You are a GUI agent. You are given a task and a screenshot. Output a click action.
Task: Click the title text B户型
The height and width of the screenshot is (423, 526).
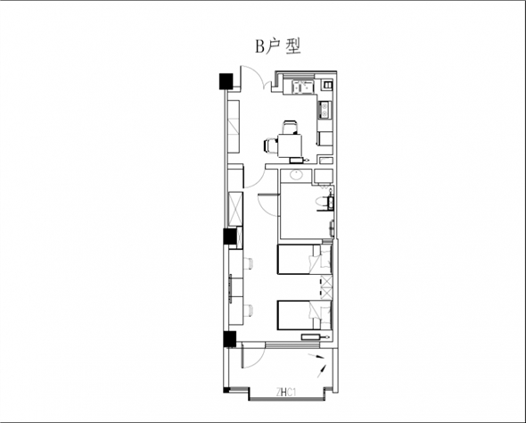click(x=278, y=46)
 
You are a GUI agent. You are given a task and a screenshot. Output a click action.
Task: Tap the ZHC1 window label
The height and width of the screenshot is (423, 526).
click(x=286, y=392)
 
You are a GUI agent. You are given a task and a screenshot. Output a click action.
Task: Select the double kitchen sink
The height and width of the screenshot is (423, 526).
click(x=303, y=87)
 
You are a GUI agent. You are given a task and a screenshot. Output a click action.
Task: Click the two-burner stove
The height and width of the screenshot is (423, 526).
click(x=325, y=110)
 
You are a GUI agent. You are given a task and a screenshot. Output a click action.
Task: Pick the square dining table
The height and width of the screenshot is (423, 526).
click(x=290, y=145)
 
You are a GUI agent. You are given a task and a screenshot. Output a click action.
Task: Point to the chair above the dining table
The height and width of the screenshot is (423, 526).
click(x=290, y=128)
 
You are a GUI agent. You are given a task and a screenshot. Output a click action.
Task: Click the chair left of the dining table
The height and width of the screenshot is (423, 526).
click(x=271, y=146)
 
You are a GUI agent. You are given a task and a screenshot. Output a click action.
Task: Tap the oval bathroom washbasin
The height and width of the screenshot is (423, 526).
click(x=297, y=175)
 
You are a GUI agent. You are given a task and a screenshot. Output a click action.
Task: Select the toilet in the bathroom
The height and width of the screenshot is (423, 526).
click(x=324, y=203)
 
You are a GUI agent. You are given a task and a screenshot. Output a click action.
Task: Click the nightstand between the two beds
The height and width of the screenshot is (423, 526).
click(x=325, y=287)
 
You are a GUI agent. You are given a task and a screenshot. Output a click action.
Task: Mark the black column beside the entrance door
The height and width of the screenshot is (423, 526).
click(x=226, y=81)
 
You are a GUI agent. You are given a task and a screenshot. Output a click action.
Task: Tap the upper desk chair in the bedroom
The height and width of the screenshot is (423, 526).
click(x=248, y=263)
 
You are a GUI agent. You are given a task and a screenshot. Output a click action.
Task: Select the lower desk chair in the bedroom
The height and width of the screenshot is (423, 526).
click(x=248, y=311)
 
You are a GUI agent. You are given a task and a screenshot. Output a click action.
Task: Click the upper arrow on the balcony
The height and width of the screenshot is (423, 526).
click(x=316, y=356)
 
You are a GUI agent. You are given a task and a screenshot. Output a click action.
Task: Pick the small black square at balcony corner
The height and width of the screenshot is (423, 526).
click(x=226, y=390)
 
